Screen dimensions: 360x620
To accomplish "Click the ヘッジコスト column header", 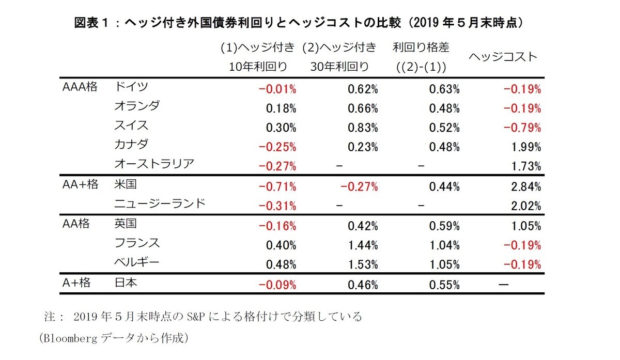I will coord(503,57).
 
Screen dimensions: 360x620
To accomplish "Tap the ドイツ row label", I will coord(130,86).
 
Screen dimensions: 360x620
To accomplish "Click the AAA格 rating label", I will coord(80,86).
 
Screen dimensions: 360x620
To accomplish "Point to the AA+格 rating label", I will coord(80,185).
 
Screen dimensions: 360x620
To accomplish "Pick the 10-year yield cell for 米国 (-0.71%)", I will coord(277,186).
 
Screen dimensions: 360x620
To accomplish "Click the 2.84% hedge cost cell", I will coord(524,186).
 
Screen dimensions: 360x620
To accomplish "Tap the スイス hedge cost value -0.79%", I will coord(522,128).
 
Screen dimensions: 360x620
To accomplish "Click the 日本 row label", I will coord(125,283).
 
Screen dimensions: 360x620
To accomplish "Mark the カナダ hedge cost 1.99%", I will coord(524,147).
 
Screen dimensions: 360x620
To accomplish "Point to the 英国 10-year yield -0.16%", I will coord(277,226).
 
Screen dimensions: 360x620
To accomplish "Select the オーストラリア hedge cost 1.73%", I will coord(524,166).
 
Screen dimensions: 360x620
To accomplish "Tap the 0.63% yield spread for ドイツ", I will coord(444,89).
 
